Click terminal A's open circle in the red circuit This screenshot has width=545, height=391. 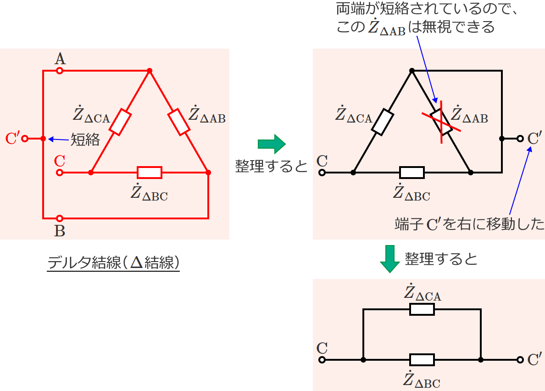click(x=60, y=71)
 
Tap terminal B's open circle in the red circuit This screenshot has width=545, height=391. click(x=60, y=218)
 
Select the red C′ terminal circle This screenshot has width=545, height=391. click(x=25, y=139)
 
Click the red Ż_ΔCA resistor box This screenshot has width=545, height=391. click(x=120, y=122)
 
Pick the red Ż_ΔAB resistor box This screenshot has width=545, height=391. click(x=179, y=122)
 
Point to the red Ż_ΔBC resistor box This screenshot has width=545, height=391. click(x=150, y=173)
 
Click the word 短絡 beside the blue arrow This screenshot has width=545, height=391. click(x=85, y=140)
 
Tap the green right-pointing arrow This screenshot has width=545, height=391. click(x=272, y=144)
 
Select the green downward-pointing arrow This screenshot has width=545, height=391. click(x=389, y=259)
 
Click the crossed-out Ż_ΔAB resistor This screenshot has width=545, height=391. click(x=441, y=122)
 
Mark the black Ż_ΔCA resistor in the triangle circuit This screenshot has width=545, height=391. click(x=382, y=122)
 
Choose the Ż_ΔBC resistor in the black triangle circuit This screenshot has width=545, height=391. click(x=412, y=173)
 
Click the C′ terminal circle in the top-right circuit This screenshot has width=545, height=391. click(x=520, y=139)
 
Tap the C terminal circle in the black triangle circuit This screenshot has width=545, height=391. click(x=322, y=173)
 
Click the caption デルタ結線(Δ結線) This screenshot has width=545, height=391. click(x=113, y=263)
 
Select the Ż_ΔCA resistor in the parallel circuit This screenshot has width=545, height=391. click(x=422, y=309)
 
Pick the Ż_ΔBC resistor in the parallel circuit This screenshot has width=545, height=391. click(x=422, y=360)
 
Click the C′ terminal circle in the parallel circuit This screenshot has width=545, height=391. click(x=520, y=360)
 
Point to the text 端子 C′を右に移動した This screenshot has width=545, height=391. click(x=470, y=224)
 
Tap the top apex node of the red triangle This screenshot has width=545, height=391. click(x=150, y=71)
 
